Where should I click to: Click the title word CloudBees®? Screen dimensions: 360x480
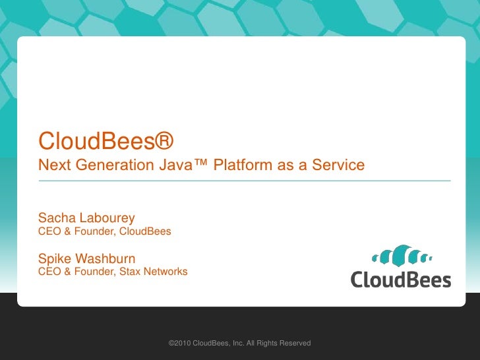(x=105, y=140)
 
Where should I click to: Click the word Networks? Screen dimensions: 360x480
(x=165, y=272)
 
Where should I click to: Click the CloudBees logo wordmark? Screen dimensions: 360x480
(x=400, y=278)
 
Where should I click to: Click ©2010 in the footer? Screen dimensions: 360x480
(x=180, y=344)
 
